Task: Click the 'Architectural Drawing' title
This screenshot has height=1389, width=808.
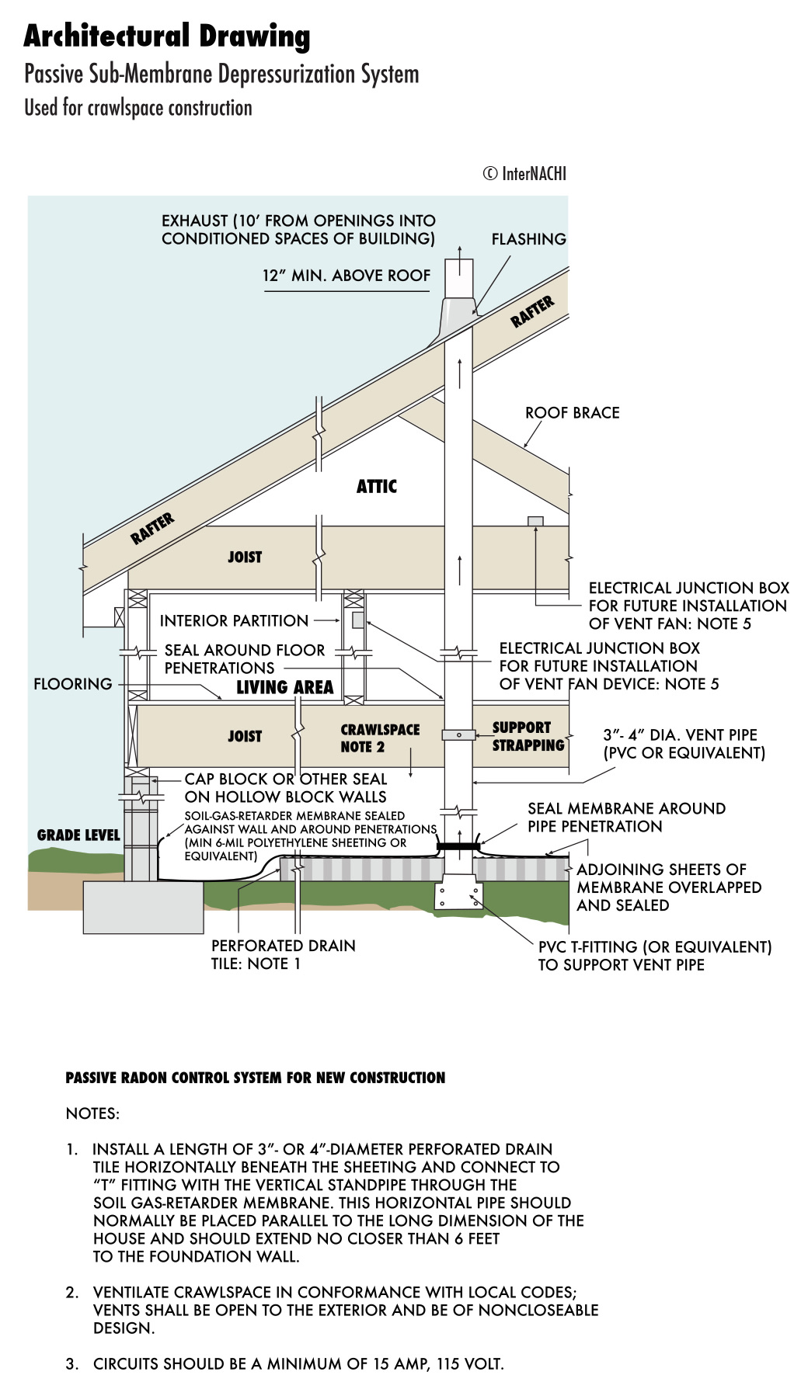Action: point(167,36)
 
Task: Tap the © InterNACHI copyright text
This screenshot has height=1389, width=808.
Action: point(524,173)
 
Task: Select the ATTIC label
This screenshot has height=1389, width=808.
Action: point(377,487)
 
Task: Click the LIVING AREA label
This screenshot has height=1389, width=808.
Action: point(285,687)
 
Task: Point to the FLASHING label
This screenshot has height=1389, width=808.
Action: point(528,239)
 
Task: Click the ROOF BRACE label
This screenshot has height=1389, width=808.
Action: point(573,413)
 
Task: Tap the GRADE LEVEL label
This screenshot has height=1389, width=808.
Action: point(78,835)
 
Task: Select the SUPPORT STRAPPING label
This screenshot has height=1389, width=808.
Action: point(528,736)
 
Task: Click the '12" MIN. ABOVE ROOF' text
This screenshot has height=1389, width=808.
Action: point(347,276)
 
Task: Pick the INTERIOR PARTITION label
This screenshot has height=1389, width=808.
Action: point(234,621)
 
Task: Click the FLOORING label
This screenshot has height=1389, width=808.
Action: point(73,684)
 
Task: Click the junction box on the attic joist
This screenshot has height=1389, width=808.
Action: point(535,521)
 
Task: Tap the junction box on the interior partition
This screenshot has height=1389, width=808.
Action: point(358,620)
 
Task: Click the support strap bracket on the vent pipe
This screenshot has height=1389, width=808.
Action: point(458,734)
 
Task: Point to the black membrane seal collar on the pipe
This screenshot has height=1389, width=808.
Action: point(458,845)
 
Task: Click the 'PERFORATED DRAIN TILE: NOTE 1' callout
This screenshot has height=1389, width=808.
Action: point(283,955)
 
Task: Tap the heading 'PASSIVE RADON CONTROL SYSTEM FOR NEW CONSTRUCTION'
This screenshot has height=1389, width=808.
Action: point(255,1078)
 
